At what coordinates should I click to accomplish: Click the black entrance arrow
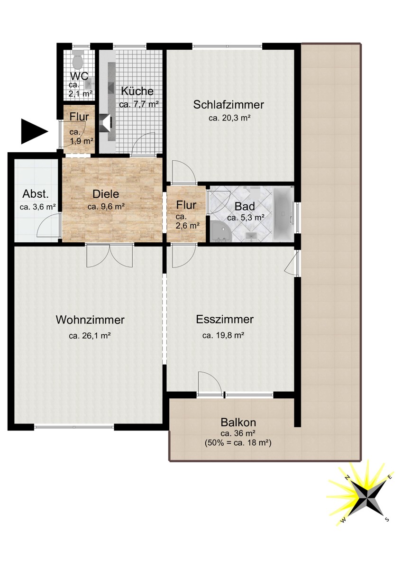(33, 132)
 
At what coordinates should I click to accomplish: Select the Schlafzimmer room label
(228, 105)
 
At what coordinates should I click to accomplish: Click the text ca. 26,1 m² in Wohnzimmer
(90, 336)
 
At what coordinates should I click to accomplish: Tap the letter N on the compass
(347, 477)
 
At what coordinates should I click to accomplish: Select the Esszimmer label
(225, 320)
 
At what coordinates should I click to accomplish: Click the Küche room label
(137, 92)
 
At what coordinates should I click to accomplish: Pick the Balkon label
(238, 422)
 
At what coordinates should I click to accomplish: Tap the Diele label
(105, 194)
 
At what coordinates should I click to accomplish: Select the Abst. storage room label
(36, 193)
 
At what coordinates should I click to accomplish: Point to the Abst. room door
(49, 225)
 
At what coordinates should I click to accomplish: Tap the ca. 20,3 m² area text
(229, 119)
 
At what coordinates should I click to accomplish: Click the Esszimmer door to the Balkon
(210, 383)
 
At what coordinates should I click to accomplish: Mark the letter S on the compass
(387, 519)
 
